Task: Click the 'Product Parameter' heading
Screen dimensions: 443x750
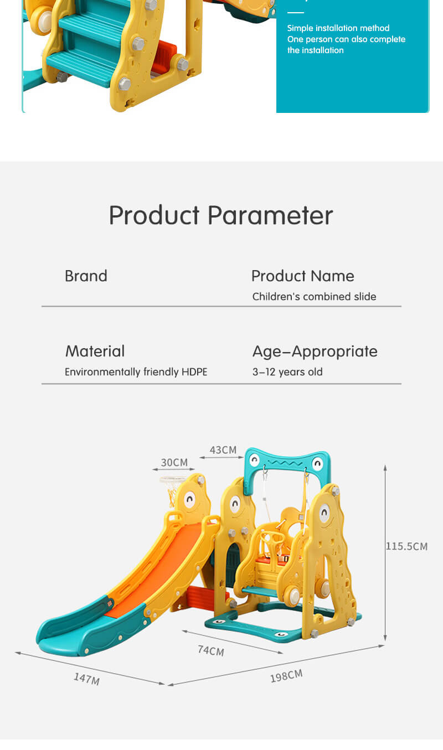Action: pos(221,215)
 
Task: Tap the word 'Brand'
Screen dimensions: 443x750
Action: pos(86,276)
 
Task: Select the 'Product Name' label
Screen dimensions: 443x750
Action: pos(303,276)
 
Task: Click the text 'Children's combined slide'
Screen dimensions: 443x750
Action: pos(314,296)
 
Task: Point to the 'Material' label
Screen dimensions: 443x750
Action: pos(95,351)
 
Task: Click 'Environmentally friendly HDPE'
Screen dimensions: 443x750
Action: pos(136,371)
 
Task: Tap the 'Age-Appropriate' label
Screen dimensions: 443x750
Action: pos(315,352)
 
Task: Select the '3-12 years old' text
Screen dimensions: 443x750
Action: pos(287,371)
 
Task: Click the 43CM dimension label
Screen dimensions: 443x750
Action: pos(223,449)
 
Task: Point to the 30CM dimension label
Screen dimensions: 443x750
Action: pos(174,462)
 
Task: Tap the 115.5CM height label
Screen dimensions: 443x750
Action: pos(406,546)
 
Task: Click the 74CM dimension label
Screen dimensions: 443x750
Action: pos(210,650)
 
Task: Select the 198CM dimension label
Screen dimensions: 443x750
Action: pos(286,676)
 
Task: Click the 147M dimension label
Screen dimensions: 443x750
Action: pos(86,679)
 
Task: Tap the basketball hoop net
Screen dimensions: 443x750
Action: pos(172,490)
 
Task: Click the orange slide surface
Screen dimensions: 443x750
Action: pos(157,569)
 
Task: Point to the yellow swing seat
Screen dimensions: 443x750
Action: pos(268,569)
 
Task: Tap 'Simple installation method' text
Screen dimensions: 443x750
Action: pos(338,28)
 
